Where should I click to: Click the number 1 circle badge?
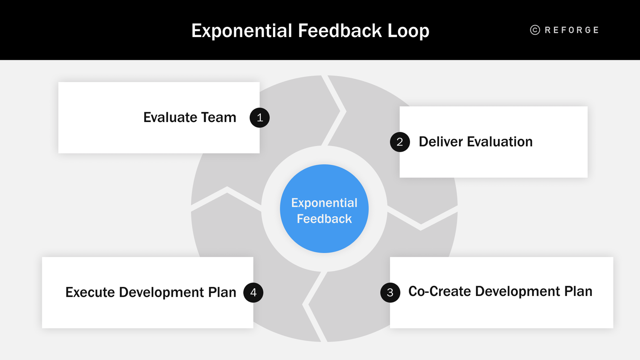259,118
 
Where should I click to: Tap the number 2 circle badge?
400,142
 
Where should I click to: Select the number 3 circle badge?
390,293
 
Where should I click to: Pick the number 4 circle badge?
253,293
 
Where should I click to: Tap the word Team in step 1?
218,117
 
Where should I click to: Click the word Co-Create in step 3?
439,291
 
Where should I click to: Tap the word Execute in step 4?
90,292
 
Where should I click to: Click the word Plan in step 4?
222,292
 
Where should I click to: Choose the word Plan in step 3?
578,291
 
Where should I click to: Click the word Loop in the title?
408,31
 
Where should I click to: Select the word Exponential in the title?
241,31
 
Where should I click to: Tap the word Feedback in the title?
340,31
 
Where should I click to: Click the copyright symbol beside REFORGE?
535,30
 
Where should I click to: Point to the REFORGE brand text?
572,30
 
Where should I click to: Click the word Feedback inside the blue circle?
324,219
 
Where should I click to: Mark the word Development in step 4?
161,292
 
